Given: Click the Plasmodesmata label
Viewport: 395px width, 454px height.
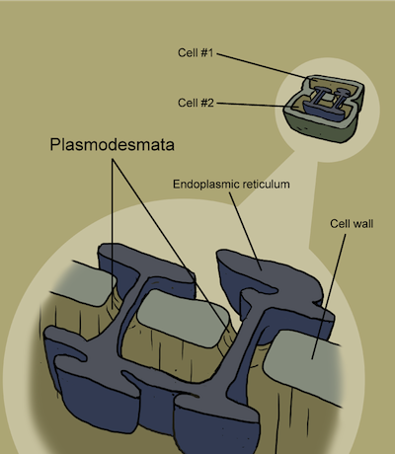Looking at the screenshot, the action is (x=112, y=144).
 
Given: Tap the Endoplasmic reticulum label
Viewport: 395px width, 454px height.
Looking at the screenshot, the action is (x=231, y=184).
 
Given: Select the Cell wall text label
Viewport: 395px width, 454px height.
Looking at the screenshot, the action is (x=352, y=224).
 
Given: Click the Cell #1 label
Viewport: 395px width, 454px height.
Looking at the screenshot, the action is (x=196, y=52).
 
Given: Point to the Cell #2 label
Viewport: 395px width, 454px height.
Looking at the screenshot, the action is (x=196, y=103).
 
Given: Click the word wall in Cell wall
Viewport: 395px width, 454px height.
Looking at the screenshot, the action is (x=362, y=224).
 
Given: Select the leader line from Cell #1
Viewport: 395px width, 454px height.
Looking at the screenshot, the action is (x=263, y=66).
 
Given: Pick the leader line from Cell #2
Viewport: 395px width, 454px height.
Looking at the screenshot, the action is (x=250, y=105).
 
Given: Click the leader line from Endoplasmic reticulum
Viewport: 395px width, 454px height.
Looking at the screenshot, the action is (x=246, y=231).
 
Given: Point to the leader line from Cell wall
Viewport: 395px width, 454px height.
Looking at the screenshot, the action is (x=329, y=296).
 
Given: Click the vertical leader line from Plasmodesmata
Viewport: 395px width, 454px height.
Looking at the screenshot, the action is (x=113, y=234).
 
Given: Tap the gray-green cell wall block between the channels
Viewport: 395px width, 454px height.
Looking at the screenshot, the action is (x=183, y=318).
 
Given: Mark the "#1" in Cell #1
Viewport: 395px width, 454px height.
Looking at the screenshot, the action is (x=206, y=52).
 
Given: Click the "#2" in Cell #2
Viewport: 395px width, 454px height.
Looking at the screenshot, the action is (x=207, y=103).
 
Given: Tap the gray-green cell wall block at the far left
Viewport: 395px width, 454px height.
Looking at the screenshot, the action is (x=92, y=283).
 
